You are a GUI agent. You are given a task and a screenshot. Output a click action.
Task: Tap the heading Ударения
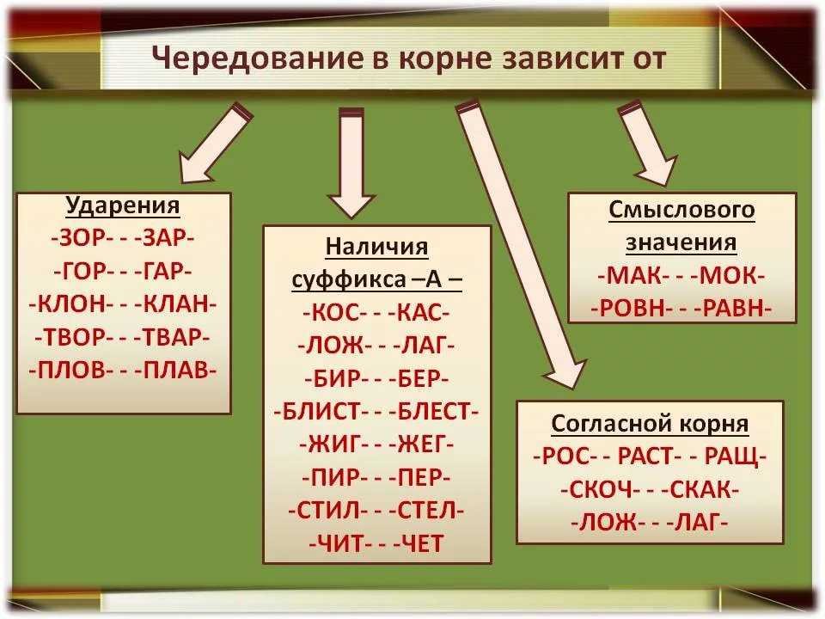[123, 207]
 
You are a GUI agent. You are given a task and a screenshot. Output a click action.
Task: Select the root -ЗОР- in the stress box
[77, 237]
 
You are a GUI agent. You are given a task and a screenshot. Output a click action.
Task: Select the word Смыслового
[681, 211]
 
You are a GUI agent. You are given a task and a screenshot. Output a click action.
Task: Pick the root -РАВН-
[730, 309]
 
